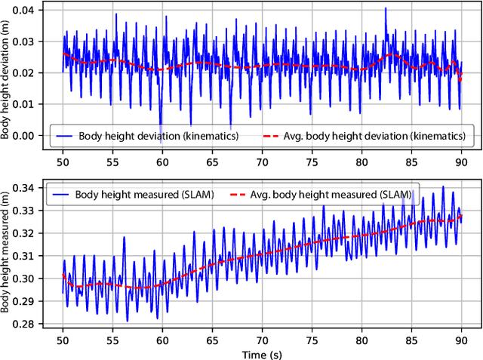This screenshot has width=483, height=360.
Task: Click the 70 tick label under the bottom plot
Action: click(x=262, y=340)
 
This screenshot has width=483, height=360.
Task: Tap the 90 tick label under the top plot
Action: click(x=460, y=161)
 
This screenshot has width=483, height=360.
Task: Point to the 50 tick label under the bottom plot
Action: click(x=63, y=340)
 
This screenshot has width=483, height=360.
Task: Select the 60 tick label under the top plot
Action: click(x=162, y=161)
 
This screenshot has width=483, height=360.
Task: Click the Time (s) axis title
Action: click(x=262, y=353)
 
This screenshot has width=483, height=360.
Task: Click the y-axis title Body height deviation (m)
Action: click(x=7, y=78)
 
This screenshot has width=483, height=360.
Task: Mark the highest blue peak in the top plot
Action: click(x=385, y=8)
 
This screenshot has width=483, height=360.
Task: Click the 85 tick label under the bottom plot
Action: click(x=411, y=340)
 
